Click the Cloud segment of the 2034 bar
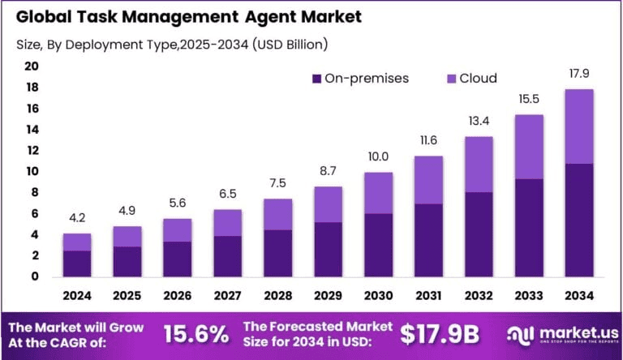coord(579,126)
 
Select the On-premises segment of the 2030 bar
coord(378,245)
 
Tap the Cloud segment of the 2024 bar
coord(77,242)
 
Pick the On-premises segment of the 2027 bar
coord(228,256)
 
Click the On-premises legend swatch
coord(316,79)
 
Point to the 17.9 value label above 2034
coord(579,74)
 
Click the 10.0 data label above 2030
coord(378,156)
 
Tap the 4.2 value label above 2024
coord(77,218)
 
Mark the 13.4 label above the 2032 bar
coord(479,121)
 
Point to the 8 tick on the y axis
coord(35,192)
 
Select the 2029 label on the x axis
coord(328,296)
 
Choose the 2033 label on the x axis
coord(529,296)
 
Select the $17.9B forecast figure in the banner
coord(441,334)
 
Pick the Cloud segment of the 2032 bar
coord(479,165)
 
